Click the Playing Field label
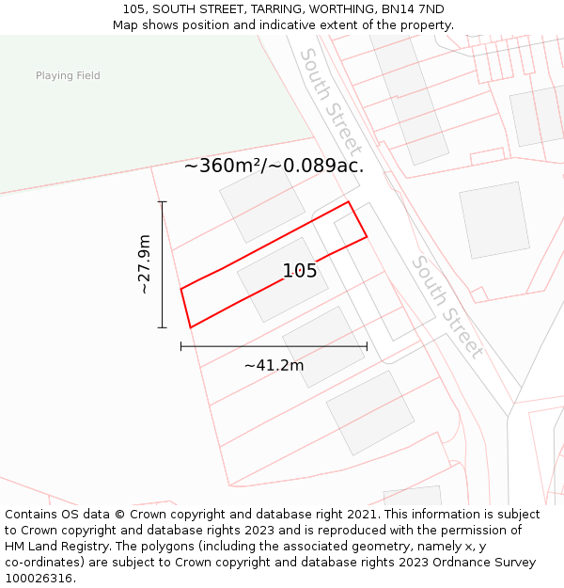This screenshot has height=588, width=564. [68, 75]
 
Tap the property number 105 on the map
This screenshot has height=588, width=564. [300, 271]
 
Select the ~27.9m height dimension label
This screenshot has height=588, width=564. [144, 264]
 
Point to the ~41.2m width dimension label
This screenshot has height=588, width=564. [274, 365]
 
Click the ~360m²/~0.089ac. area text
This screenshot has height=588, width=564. [274, 166]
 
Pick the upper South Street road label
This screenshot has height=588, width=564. [330, 101]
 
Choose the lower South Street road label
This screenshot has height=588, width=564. [448, 307]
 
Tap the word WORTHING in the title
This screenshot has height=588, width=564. [341, 9]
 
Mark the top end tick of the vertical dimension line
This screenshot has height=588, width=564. [163, 201]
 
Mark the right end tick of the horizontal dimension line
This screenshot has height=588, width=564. [367, 346]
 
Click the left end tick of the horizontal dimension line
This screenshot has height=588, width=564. [180, 346]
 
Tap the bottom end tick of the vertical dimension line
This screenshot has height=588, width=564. [163, 327]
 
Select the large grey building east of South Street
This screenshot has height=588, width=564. [494, 220]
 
